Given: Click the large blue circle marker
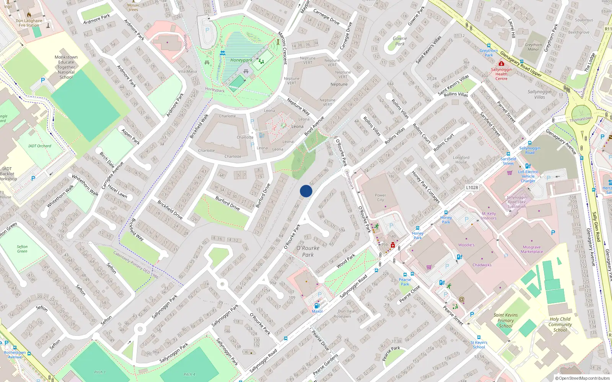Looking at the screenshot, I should (306, 191).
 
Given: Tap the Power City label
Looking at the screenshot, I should (380, 197).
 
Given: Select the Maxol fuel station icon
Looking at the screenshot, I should (317, 306).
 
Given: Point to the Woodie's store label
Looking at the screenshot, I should (466, 245).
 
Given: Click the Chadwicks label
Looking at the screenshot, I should (482, 265).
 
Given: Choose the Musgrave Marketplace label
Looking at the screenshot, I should (532, 249).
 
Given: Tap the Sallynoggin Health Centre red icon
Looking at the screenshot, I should (501, 64).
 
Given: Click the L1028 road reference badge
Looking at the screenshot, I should (472, 188).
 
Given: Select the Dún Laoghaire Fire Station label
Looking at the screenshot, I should (29, 23).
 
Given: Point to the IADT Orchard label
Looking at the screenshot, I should (40, 146).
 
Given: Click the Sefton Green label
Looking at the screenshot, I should (22, 249).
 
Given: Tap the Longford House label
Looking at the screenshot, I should (461, 160).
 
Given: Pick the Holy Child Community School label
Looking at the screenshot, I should (560, 324).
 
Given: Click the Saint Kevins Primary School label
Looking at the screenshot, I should (505, 320).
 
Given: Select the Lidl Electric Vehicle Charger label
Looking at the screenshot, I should (528, 176).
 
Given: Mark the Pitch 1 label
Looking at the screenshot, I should (100, 372).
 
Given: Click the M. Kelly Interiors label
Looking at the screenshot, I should (489, 216).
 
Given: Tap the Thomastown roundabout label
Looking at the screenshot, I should (581, 119).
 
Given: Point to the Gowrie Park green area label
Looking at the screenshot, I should (400, 41).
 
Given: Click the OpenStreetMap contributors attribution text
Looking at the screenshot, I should (583, 378).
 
